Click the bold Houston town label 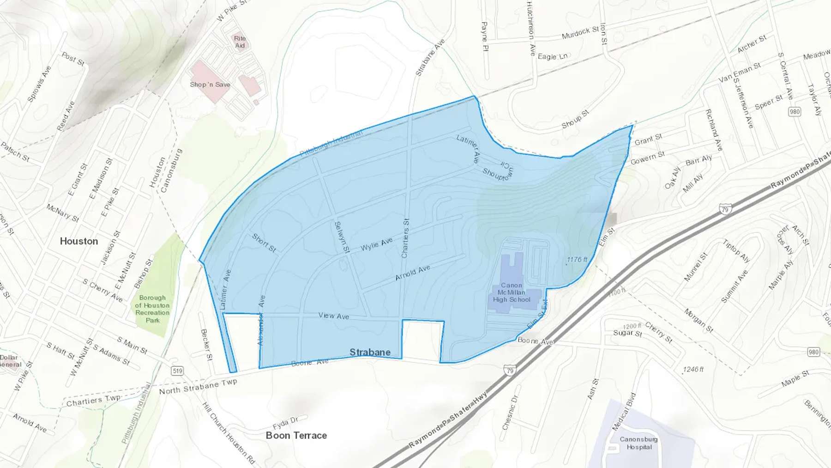pos(79,241)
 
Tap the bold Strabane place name pos(370,353)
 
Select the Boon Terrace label pos(296,435)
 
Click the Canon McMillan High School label pos(512,292)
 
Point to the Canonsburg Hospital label pos(638,443)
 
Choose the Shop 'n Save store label pos(210,85)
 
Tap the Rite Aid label pos(240,42)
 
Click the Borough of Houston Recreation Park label pos(152,309)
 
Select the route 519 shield pos(177,371)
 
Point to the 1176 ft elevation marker pos(577,260)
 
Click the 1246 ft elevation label pos(693,370)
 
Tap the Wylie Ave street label pos(376,244)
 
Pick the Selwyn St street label pos(342,237)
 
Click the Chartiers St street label pos(405,238)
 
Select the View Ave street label pos(333,316)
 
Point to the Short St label pos(264,243)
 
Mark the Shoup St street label pos(575,119)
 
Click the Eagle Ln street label pos(552,56)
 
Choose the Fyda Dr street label pos(285,423)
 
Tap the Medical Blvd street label pos(624,412)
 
